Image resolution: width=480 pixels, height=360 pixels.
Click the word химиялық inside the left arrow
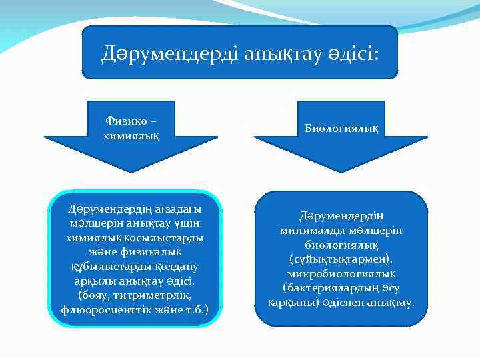pyautogui.click(x=131, y=135)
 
